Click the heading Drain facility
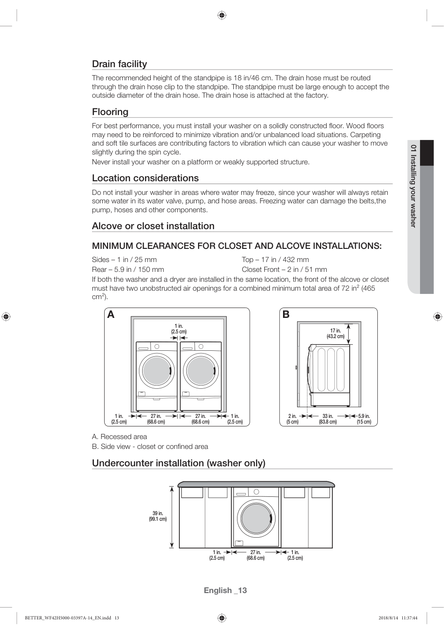(119, 64)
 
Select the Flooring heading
(110, 112)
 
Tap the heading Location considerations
(145, 178)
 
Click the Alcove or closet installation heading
(153, 226)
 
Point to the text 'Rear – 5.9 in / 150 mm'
(128, 270)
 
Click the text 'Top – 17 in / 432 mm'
(275, 260)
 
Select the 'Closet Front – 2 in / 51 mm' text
(284, 270)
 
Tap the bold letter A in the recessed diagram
(111, 315)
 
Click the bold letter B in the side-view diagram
(286, 315)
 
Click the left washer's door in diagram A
(157, 371)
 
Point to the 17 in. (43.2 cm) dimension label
(336, 333)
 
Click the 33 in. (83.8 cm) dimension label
(328, 419)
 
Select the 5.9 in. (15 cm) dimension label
(364, 419)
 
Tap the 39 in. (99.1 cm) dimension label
(158, 516)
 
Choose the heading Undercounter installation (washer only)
(178, 463)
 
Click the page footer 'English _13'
(225, 590)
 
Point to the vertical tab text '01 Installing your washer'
(413, 186)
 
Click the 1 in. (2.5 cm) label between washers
(179, 329)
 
